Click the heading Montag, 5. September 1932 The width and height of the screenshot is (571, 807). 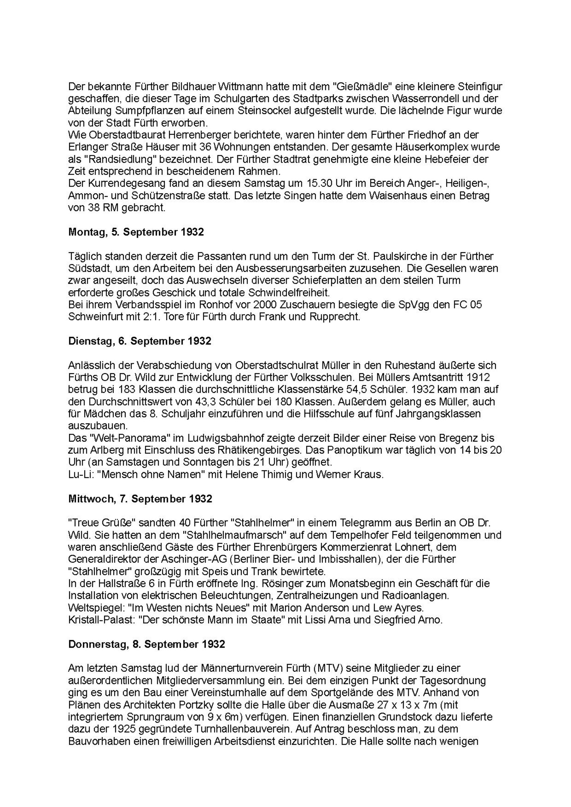coord(136,232)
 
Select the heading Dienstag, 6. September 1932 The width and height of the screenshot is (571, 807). coord(140,341)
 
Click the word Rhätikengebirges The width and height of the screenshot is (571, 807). coord(258,450)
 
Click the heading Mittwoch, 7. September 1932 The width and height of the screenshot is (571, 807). coord(140,499)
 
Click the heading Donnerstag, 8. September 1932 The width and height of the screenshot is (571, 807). coord(146,644)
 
